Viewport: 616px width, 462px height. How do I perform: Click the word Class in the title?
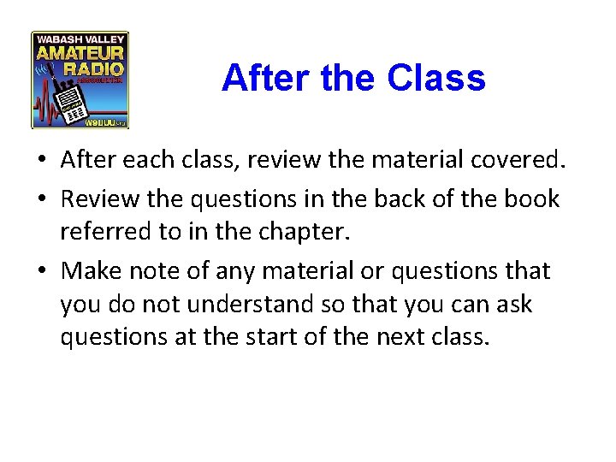pos(435,79)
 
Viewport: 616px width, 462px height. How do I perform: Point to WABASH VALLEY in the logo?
pos(80,38)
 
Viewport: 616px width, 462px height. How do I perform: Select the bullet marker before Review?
pos(42,199)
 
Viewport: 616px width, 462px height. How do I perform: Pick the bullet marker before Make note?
pos(42,271)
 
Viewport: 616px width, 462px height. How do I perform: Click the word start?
pos(255,337)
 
